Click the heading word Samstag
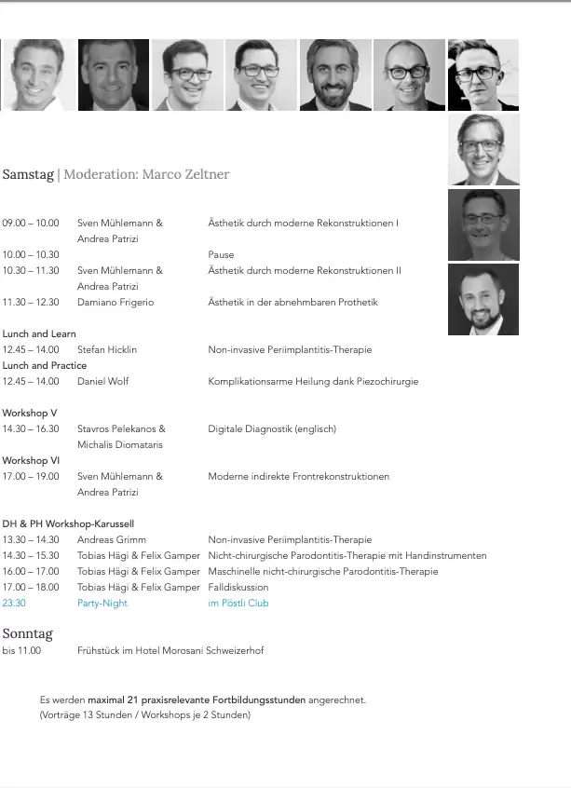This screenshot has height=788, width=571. pos(28,174)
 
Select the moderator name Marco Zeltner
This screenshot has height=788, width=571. pos(184,174)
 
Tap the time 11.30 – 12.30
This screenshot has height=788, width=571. pos(31,302)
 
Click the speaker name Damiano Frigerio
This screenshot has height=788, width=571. pos(116,302)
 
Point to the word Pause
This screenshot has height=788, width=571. pos(221,254)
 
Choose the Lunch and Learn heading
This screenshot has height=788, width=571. pos(39,333)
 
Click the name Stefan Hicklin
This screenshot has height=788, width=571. pos(107,349)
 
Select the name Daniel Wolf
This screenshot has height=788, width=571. pos(103,381)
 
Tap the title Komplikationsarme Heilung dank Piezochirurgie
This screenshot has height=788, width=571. pos(313,381)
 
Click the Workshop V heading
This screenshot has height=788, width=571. pos(30,413)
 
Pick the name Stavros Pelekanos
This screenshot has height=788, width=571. pos(121,428)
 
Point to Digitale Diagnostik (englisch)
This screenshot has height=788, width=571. pos(272,428)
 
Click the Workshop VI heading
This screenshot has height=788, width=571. pos(31,460)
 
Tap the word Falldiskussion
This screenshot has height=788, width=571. pos(238,587)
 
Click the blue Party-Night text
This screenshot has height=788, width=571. pos(102,603)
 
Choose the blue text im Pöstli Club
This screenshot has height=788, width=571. pos(238,603)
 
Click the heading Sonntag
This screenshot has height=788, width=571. pos(28,633)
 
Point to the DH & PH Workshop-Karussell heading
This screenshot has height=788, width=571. pos(68,523)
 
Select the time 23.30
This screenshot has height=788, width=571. pos(14,603)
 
